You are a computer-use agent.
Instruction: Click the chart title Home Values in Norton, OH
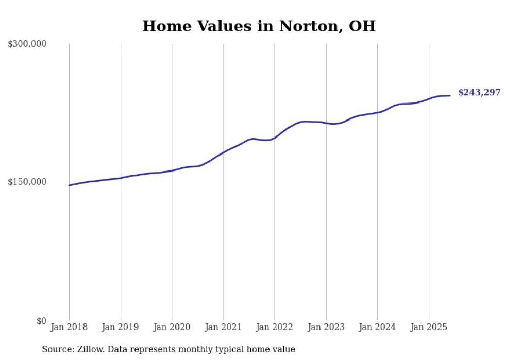259,26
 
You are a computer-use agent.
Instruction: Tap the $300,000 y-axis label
27,44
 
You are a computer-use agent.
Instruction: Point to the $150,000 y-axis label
27,182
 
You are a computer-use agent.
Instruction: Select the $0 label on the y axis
41,321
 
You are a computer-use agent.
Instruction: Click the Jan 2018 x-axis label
69,327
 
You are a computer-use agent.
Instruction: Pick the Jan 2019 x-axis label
121,327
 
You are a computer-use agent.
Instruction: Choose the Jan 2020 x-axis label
172,327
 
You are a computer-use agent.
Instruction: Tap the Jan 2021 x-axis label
223,327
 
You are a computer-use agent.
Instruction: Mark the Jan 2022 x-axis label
275,327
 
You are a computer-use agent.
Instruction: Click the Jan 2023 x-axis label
326,327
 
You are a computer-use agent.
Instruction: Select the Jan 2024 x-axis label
377,327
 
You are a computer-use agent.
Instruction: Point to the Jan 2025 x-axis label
429,327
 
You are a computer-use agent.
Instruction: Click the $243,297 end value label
479,93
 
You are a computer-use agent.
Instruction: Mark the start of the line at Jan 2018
70,185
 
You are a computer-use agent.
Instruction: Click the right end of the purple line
450,95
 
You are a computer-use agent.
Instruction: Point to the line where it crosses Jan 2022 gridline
275,138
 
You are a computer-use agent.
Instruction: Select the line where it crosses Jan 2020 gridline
172,170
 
